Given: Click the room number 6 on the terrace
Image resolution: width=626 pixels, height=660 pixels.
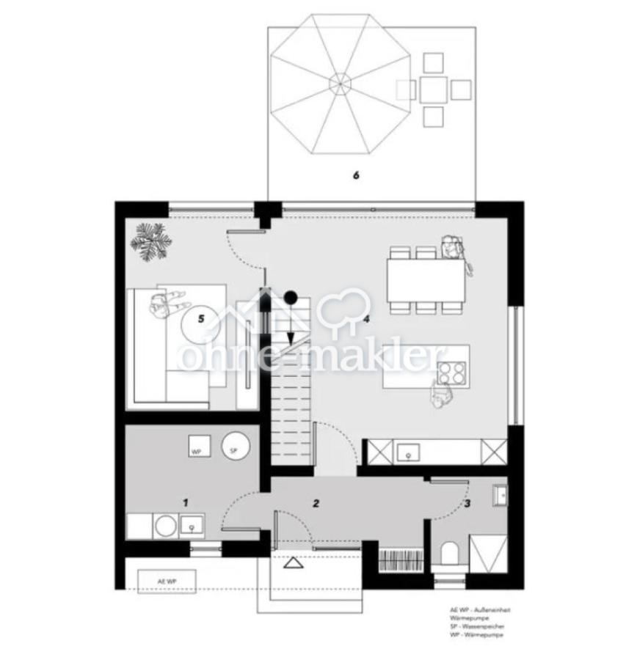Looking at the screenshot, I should (x=356, y=175).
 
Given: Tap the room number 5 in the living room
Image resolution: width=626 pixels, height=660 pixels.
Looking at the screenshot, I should (x=201, y=318).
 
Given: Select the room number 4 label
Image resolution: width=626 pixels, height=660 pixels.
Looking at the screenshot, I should (x=365, y=320).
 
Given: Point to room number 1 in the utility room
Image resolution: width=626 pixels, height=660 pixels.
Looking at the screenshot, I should (x=186, y=502).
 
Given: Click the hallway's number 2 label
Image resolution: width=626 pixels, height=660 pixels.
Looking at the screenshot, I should (x=316, y=503).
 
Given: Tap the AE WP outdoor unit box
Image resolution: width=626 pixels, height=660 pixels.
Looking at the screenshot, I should (x=167, y=580).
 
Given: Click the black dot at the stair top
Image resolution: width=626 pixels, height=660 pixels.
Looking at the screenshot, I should (x=291, y=297).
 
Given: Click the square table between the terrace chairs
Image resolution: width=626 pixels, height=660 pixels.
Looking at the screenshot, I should (x=433, y=89).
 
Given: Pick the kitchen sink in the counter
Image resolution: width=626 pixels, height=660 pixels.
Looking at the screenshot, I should (x=404, y=455).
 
